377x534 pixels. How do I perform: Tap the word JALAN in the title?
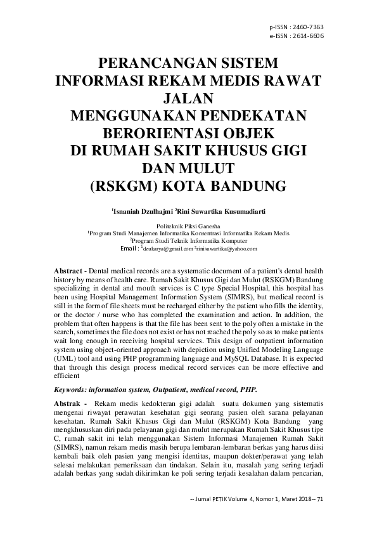[188, 99]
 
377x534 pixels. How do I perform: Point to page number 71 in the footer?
[319, 499]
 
